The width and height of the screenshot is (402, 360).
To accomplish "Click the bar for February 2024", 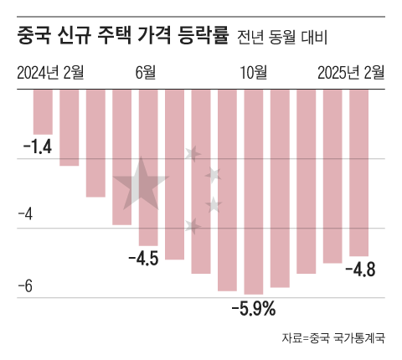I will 42,111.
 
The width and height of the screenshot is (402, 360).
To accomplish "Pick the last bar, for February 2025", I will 359,172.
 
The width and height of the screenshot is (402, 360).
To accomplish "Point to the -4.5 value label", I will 143,258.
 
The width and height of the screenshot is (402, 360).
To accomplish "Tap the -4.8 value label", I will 365,270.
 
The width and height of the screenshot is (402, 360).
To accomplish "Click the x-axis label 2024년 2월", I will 50,72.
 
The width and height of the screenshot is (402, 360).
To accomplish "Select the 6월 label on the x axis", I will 146,72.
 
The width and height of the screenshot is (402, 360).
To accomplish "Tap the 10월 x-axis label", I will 253,72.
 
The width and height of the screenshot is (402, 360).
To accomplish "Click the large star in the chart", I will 139,184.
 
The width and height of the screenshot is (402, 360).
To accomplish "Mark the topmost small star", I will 193,154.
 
